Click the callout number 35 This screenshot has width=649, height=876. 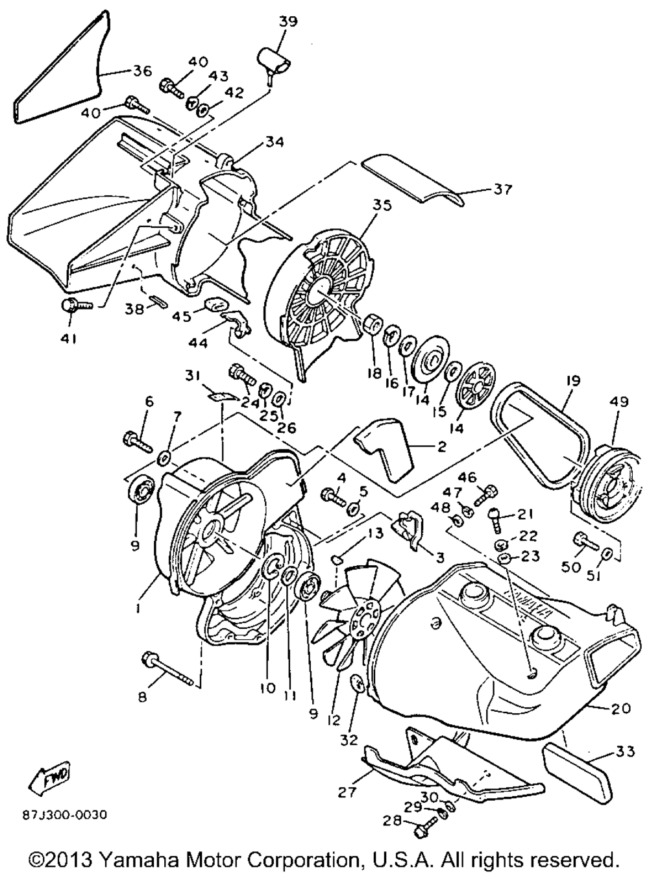[x=382, y=206]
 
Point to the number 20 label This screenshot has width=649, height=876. [x=621, y=709]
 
